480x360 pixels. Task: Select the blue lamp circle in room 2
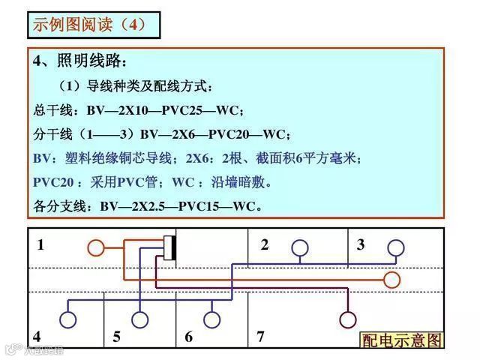(x=299, y=247)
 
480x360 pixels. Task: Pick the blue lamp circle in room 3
(x=395, y=247)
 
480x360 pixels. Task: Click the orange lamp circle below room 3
(x=391, y=280)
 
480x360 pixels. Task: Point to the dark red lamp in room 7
(x=347, y=320)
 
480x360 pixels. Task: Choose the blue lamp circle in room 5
(x=139, y=320)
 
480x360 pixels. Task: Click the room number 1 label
(x=40, y=244)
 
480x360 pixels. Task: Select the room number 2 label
(x=264, y=244)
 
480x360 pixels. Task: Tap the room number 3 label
(x=361, y=244)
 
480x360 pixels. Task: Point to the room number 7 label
(x=260, y=336)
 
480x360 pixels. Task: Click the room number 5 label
(x=116, y=337)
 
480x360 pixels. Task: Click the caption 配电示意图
(x=402, y=340)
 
